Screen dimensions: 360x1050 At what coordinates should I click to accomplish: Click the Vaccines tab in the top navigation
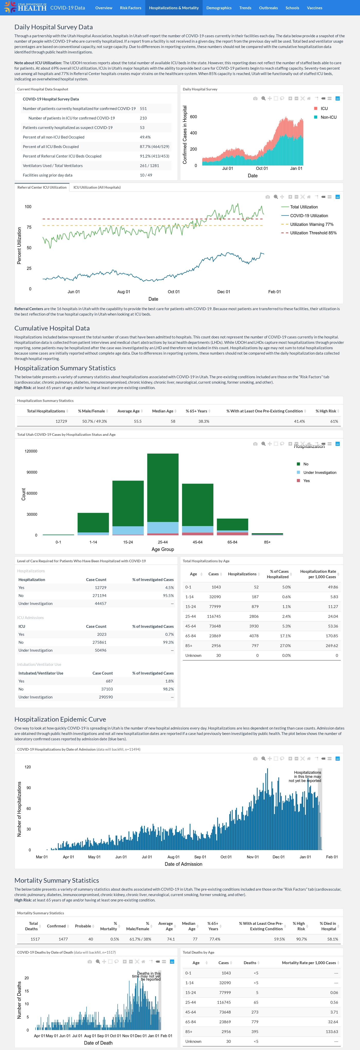pyautogui.click(x=314, y=8)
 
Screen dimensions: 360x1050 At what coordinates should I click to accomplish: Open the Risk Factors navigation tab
pyautogui.click(x=130, y=8)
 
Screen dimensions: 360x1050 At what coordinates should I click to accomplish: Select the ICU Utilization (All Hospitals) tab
pyautogui.click(x=97, y=188)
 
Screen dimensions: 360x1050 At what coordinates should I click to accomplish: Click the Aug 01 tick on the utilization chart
pyautogui.click(x=123, y=292)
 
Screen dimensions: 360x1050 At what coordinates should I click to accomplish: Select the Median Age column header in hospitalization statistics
pyautogui.click(x=163, y=411)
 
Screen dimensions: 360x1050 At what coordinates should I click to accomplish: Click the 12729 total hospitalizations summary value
pyautogui.click(x=61, y=421)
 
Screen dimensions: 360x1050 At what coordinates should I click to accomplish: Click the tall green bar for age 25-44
pyautogui.click(x=163, y=487)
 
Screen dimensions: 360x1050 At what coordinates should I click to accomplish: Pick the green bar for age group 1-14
pyautogui.click(x=93, y=522)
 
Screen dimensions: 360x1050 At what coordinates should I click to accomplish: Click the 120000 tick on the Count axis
pyautogui.click(x=31, y=451)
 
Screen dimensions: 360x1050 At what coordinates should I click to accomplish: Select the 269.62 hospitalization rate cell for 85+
pyautogui.click(x=331, y=646)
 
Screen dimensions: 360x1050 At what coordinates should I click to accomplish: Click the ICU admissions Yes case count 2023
pyautogui.click(x=102, y=634)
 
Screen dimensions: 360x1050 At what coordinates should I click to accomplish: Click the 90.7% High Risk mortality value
pyautogui.click(x=301, y=939)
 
